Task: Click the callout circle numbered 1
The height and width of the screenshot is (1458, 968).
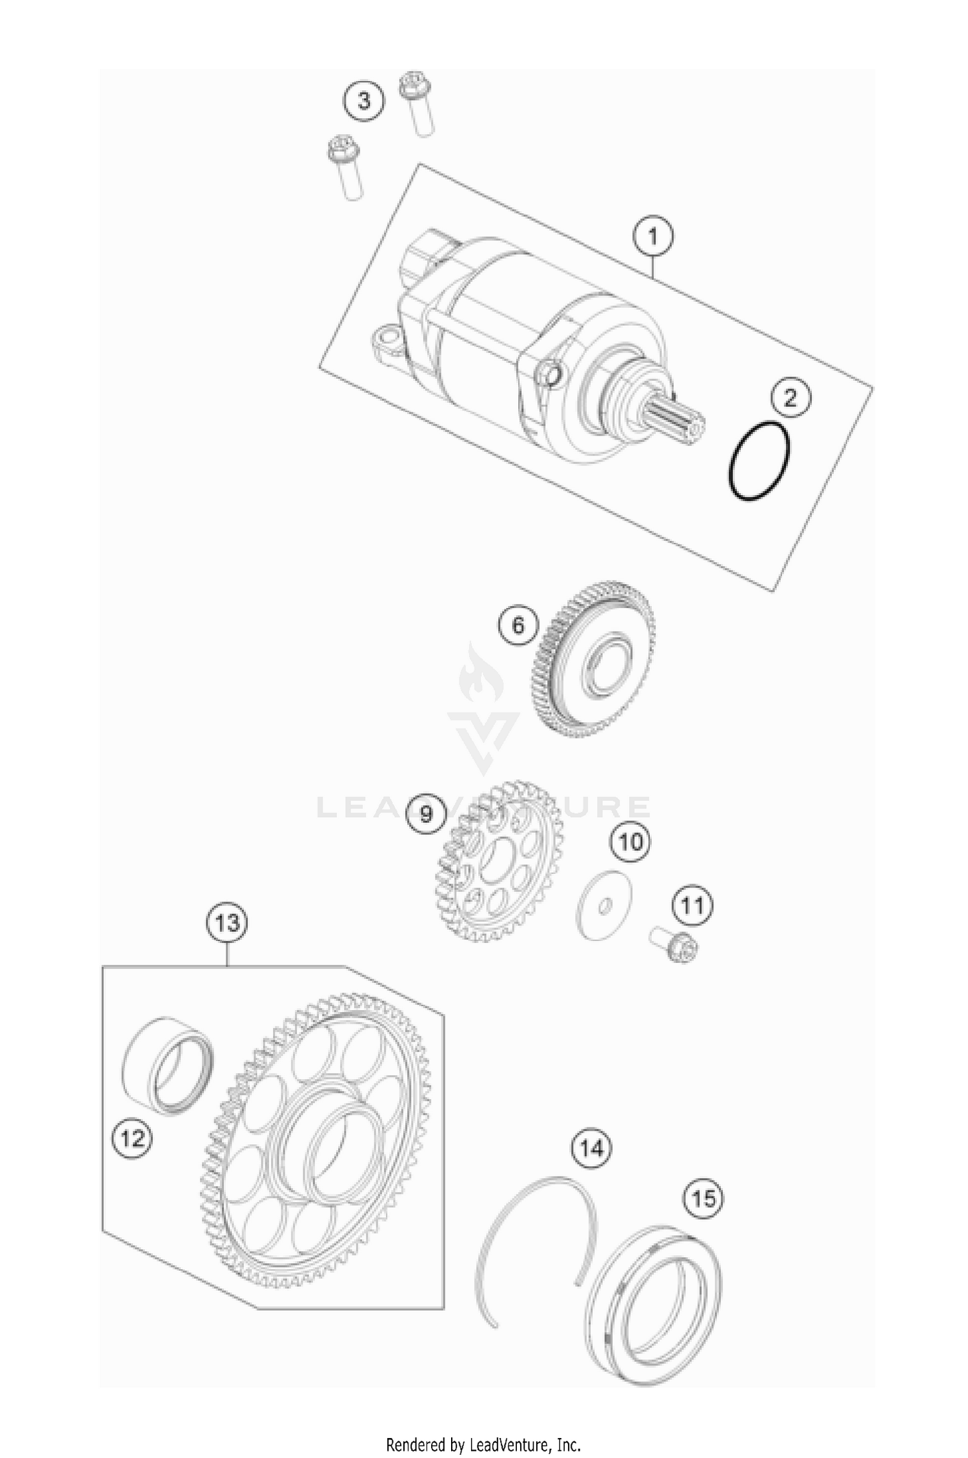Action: (x=652, y=237)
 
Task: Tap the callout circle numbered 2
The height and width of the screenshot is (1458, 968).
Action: (x=790, y=398)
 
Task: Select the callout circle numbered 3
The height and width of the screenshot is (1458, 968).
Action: (x=364, y=101)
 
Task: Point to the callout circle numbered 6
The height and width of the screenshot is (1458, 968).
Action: (x=518, y=625)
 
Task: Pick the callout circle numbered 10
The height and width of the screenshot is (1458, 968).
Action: (x=631, y=842)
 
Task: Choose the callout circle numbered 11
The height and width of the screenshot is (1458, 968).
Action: (x=692, y=906)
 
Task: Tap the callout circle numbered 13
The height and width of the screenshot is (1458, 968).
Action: (x=227, y=923)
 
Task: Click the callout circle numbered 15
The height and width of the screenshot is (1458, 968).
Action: (x=703, y=1199)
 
